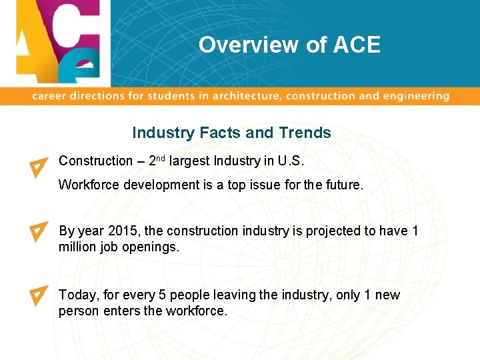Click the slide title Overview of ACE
[x=289, y=45]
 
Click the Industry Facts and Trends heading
[x=231, y=133]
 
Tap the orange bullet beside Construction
[x=39, y=167]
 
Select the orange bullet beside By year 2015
[x=39, y=231]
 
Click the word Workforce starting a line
[x=87, y=185]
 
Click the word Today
[x=77, y=295]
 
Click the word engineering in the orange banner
[x=415, y=96]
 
